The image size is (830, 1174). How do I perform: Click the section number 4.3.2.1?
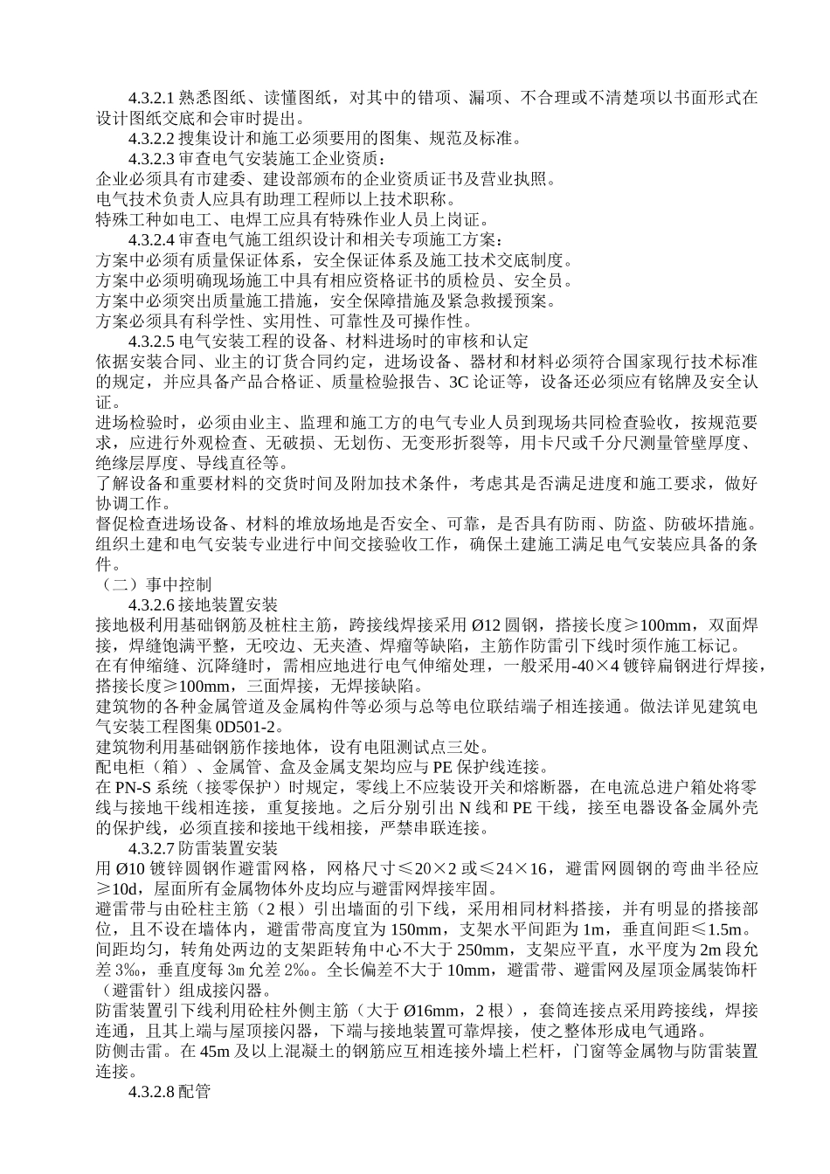pyautogui.click(x=153, y=95)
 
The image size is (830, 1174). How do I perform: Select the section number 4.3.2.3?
pyautogui.click(x=153, y=158)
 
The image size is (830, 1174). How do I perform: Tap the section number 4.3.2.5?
pyautogui.click(x=153, y=341)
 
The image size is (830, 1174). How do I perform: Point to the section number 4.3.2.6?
pyautogui.click(x=153, y=604)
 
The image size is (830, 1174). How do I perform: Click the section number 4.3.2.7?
pyautogui.click(x=153, y=847)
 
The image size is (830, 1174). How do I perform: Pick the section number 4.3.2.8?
pyautogui.click(x=153, y=1091)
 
